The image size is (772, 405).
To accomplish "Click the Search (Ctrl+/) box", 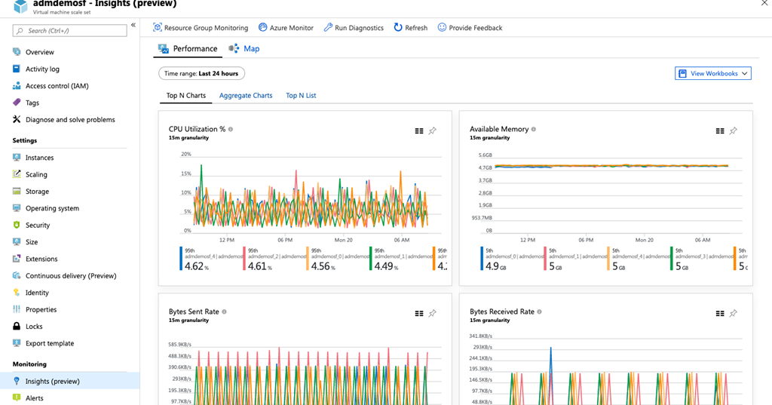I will pos(70,31).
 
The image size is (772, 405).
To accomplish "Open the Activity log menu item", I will pos(42,69).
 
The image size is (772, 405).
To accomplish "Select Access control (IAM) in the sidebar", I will pos(57,86).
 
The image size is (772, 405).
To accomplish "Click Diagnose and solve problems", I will pos(70,120).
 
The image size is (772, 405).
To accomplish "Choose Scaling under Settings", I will pos(36,174).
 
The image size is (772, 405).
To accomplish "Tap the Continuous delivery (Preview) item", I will pos(71,276).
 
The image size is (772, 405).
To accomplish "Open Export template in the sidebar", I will pos(50,343).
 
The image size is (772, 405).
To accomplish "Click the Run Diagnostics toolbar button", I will pos(354,28).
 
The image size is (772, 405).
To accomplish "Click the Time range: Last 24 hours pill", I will pos(201,73).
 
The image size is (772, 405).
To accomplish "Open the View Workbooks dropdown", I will pos(713,73).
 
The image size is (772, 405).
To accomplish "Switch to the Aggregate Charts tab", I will pos(246,96).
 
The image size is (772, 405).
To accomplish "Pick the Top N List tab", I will pos(301,96).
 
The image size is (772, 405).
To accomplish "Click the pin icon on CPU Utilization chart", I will pos(433,131).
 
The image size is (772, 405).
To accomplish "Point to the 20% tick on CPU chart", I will pos(185,155).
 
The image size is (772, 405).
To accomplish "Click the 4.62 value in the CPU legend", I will pos(195,266).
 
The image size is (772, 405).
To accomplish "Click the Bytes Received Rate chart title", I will pos(501,311).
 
